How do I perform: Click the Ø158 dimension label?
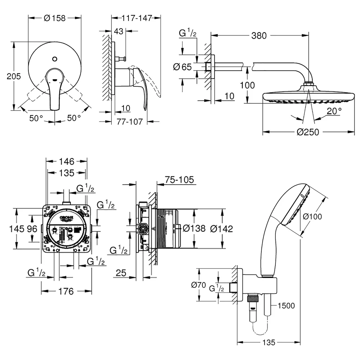tap(54, 18)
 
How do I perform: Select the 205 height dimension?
tap(14, 76)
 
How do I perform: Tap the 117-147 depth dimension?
tap(137, 18)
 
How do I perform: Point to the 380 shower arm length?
tap(259, 36)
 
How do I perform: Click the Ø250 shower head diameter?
tap(308, 132)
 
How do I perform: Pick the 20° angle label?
tap(334, 111)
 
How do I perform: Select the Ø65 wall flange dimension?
tap(182, 67)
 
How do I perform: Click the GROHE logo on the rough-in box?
tap(67, 218)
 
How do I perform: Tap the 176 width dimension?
tap(66, 291)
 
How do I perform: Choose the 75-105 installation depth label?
tap(179, 180)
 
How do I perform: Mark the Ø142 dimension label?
tap(221, 229)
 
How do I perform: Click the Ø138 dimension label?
tap(194, 229)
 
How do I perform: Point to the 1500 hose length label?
tap(286, 306)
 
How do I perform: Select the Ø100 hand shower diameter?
tap(312, 216)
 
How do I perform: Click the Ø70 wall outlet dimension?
tap(198, 285)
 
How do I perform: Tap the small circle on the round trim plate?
tap(55, 59)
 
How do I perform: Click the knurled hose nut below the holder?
tap(253, 299)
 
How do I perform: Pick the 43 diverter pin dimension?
tap(118, 31)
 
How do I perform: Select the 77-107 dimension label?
tap(130, 121)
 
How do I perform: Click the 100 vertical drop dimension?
tap(247, 85)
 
